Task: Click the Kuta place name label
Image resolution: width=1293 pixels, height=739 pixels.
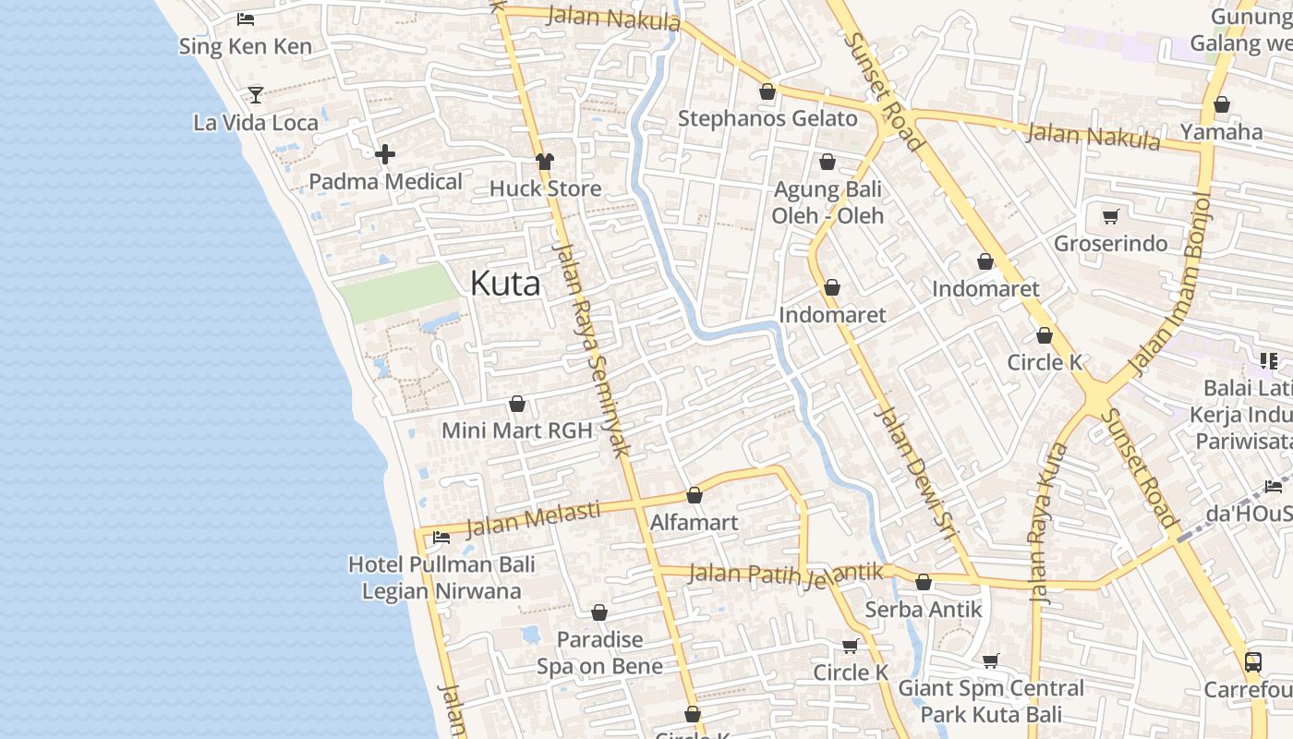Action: [505, 284]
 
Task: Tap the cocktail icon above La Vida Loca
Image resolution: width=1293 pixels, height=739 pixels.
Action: [256, 94]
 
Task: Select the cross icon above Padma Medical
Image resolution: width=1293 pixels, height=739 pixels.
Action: [385, 153]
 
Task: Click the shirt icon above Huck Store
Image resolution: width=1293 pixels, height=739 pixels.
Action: [545, 162]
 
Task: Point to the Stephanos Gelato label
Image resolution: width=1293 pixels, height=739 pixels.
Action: [767, 119]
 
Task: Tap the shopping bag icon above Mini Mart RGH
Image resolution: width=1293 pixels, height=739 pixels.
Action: [517, 404]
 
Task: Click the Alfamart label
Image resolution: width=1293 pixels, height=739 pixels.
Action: [694, 523]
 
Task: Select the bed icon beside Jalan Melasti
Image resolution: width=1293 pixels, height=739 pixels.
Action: [441, 537]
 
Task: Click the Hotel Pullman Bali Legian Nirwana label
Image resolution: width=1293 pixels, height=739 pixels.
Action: [441, 577]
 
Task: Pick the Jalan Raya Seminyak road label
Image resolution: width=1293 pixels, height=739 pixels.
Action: [591, 351]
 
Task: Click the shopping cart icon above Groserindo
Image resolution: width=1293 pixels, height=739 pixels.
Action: [1111, 216]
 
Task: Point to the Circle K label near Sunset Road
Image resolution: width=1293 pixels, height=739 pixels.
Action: [1045, 362]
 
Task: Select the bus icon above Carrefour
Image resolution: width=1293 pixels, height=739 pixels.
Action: [1253, 661]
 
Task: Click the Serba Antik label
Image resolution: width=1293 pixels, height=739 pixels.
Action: [923, 610]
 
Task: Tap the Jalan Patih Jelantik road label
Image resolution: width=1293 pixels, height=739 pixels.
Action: [786, 574]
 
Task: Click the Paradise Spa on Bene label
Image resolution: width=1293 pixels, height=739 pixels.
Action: [599, 652]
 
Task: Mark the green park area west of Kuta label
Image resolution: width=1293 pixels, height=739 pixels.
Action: [399, 292]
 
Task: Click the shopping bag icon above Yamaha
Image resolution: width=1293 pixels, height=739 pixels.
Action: [1221, 104]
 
